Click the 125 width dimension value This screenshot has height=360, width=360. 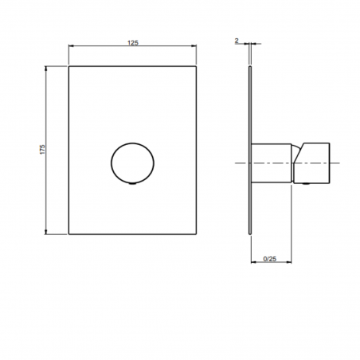point(133,41)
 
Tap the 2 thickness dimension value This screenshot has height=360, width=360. point(238,39)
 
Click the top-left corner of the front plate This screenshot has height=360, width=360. point(70,67)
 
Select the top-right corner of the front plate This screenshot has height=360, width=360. point(196,67)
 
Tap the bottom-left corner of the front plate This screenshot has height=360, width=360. point(70,233)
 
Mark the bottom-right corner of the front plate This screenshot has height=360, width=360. point(196,233)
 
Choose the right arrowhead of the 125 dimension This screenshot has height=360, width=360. point(194,48)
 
